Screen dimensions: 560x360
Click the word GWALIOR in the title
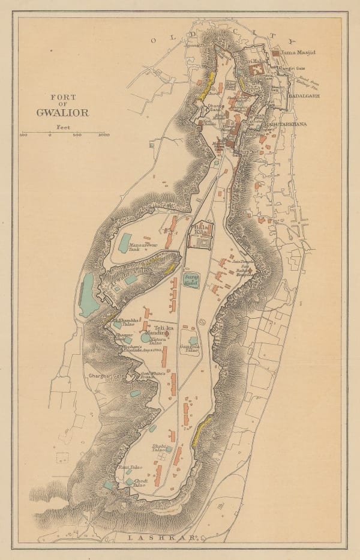click(x=62, y=112)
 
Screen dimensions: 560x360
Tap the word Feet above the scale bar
click(x=62, y=127)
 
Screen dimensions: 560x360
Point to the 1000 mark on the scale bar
click(x=103, y=135)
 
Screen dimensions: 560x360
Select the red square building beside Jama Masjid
click(x=275, y=53)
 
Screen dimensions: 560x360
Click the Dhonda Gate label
click(x=215, y=107)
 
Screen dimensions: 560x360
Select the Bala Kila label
click(x=200, y=230)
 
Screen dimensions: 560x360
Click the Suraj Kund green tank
click(x=192, y=279)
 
